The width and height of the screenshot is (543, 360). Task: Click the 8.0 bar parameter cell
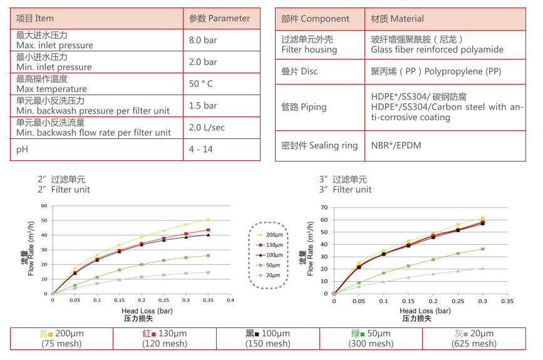pos(203,40)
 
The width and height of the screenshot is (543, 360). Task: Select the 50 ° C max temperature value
pos(201,84)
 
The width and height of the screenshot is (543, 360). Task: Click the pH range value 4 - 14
pos(200,150)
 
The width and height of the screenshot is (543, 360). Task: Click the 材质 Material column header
pos(397,19)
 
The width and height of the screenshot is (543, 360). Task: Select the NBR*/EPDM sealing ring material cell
pos(396,146)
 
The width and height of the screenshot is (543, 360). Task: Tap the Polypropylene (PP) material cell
pos(436,71)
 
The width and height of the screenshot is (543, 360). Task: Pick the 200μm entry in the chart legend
pos(274,234)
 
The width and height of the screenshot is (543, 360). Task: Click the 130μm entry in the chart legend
pos(274,245)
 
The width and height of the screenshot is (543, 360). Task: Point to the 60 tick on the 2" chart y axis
pos(44,206)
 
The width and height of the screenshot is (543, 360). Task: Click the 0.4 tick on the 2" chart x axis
pos(230,300)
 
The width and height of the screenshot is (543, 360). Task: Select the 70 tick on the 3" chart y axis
pos(324,207)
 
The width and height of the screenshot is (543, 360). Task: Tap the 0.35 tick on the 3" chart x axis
pos(506,301)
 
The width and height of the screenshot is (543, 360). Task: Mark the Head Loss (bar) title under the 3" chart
pos(425,311)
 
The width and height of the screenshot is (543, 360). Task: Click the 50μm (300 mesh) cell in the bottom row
pos(371,339)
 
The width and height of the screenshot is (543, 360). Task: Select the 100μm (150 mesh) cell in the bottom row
pos(268,339)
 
